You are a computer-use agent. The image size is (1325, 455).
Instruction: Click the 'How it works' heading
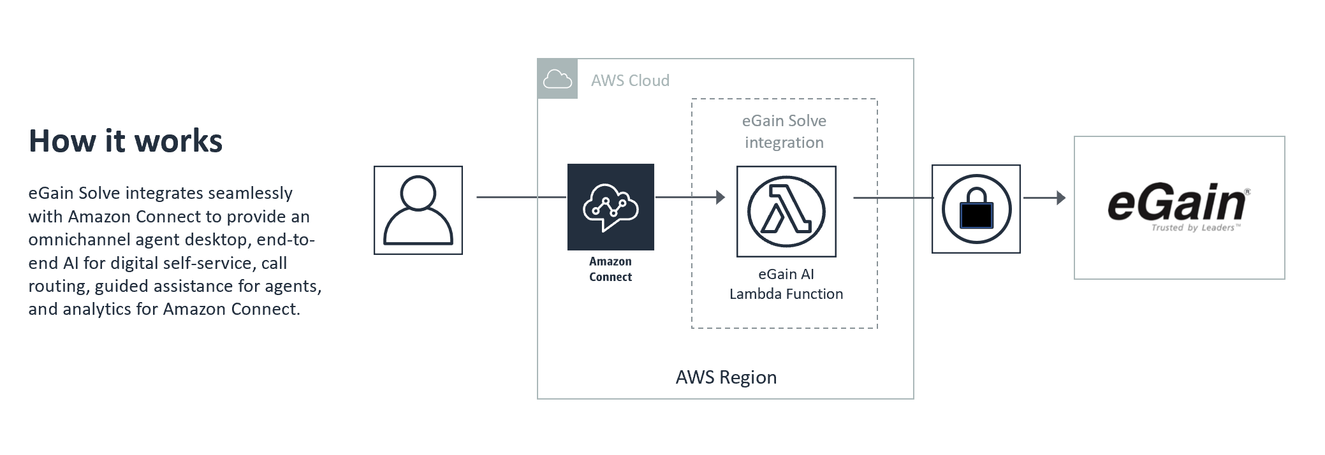126,141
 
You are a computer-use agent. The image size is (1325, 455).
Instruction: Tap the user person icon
418,210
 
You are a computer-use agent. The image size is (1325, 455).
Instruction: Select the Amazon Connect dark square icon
610,207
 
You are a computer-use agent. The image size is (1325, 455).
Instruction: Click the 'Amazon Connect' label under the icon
610,270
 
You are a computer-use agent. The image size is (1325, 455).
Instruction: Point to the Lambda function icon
786,212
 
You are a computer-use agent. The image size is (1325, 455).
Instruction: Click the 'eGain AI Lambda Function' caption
786,284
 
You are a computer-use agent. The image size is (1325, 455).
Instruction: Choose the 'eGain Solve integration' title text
784,132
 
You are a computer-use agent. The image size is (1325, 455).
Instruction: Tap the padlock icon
976,209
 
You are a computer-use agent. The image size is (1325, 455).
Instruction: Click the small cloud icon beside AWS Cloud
557,79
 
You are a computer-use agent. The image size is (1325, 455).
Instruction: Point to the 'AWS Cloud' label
630,81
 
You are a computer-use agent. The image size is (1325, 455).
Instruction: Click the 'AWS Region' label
726,377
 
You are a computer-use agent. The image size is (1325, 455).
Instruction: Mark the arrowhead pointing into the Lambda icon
721,198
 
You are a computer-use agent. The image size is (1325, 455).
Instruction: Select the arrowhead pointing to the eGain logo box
1061,198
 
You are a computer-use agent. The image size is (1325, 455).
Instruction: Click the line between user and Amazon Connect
520,198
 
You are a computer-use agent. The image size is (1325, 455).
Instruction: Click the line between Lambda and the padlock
893,198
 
